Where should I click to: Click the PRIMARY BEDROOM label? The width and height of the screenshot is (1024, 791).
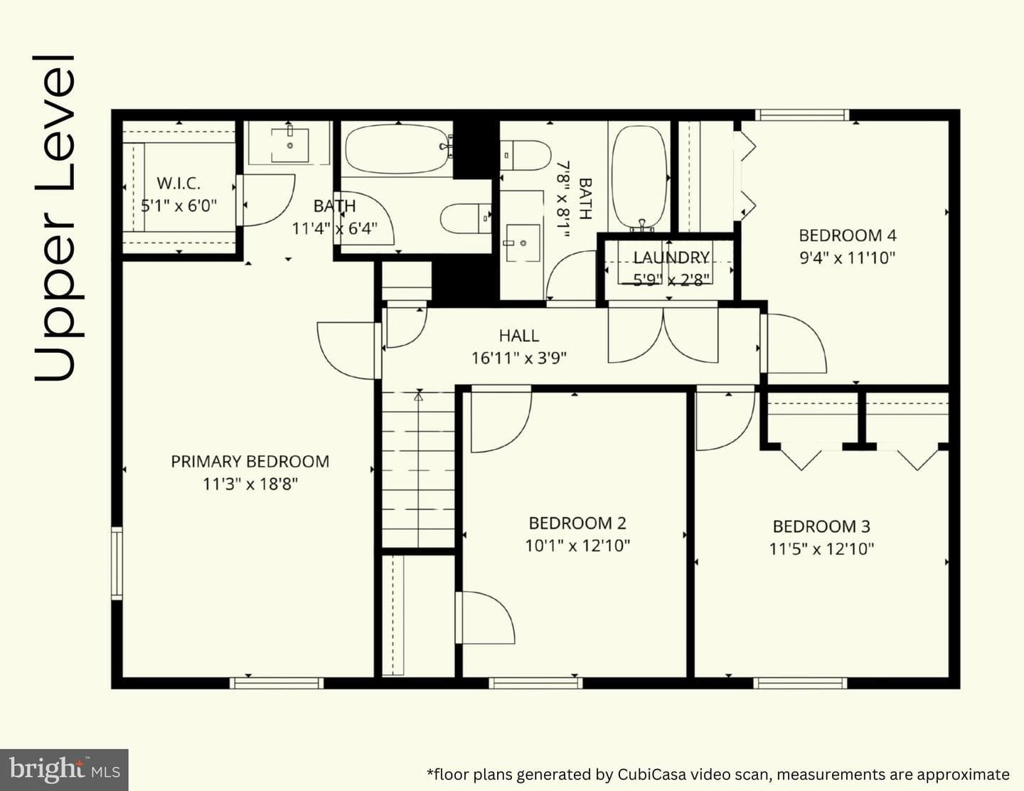(x=250, y=462)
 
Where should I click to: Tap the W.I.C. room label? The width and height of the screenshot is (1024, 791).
(x=178, y=183)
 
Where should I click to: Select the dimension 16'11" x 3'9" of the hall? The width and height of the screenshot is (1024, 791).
(x=519, y=359)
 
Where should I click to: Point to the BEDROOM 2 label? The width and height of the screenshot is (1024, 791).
(x=577, y=524)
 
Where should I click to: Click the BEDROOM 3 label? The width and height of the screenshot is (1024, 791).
(x=821, y=526)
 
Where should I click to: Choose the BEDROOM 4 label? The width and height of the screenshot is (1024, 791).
(x=847, y=235)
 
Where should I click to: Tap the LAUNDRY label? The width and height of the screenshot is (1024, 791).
(x=671, y=258)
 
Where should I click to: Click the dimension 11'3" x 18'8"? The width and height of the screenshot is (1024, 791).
(x=250, y=484)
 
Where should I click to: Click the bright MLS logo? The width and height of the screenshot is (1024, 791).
(x=64, y=770)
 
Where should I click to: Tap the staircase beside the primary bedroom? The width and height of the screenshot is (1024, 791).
(x=418, y=469)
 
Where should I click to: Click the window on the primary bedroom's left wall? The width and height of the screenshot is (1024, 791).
(x=117, y=563)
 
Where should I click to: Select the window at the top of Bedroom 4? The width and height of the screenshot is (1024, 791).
(x=802, y=115)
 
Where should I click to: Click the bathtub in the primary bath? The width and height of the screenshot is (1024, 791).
(x=398, y=149)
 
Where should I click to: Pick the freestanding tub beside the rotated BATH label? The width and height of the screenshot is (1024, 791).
(x=639, y=177)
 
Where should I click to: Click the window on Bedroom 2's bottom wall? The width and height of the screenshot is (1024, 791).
(x=535, y=683)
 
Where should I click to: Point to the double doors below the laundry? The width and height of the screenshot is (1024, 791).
(x=663, y=335)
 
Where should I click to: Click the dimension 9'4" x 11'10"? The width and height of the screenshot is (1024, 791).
(x=847, y=258)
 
